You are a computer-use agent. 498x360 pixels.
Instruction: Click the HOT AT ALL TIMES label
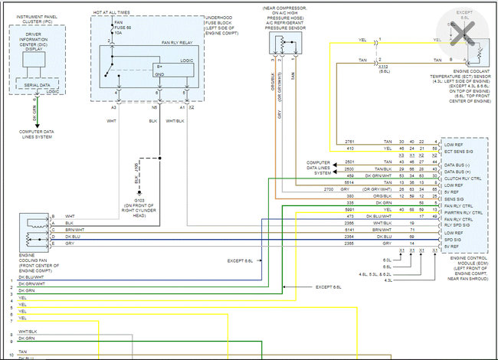pos(110,13)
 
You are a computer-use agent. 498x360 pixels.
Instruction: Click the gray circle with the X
pos(460,34)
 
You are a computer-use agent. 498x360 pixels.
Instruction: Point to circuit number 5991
pos(350,209)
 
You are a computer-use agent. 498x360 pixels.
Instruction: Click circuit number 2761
pos(349,142)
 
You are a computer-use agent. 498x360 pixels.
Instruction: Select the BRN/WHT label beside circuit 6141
pos(384,229)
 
